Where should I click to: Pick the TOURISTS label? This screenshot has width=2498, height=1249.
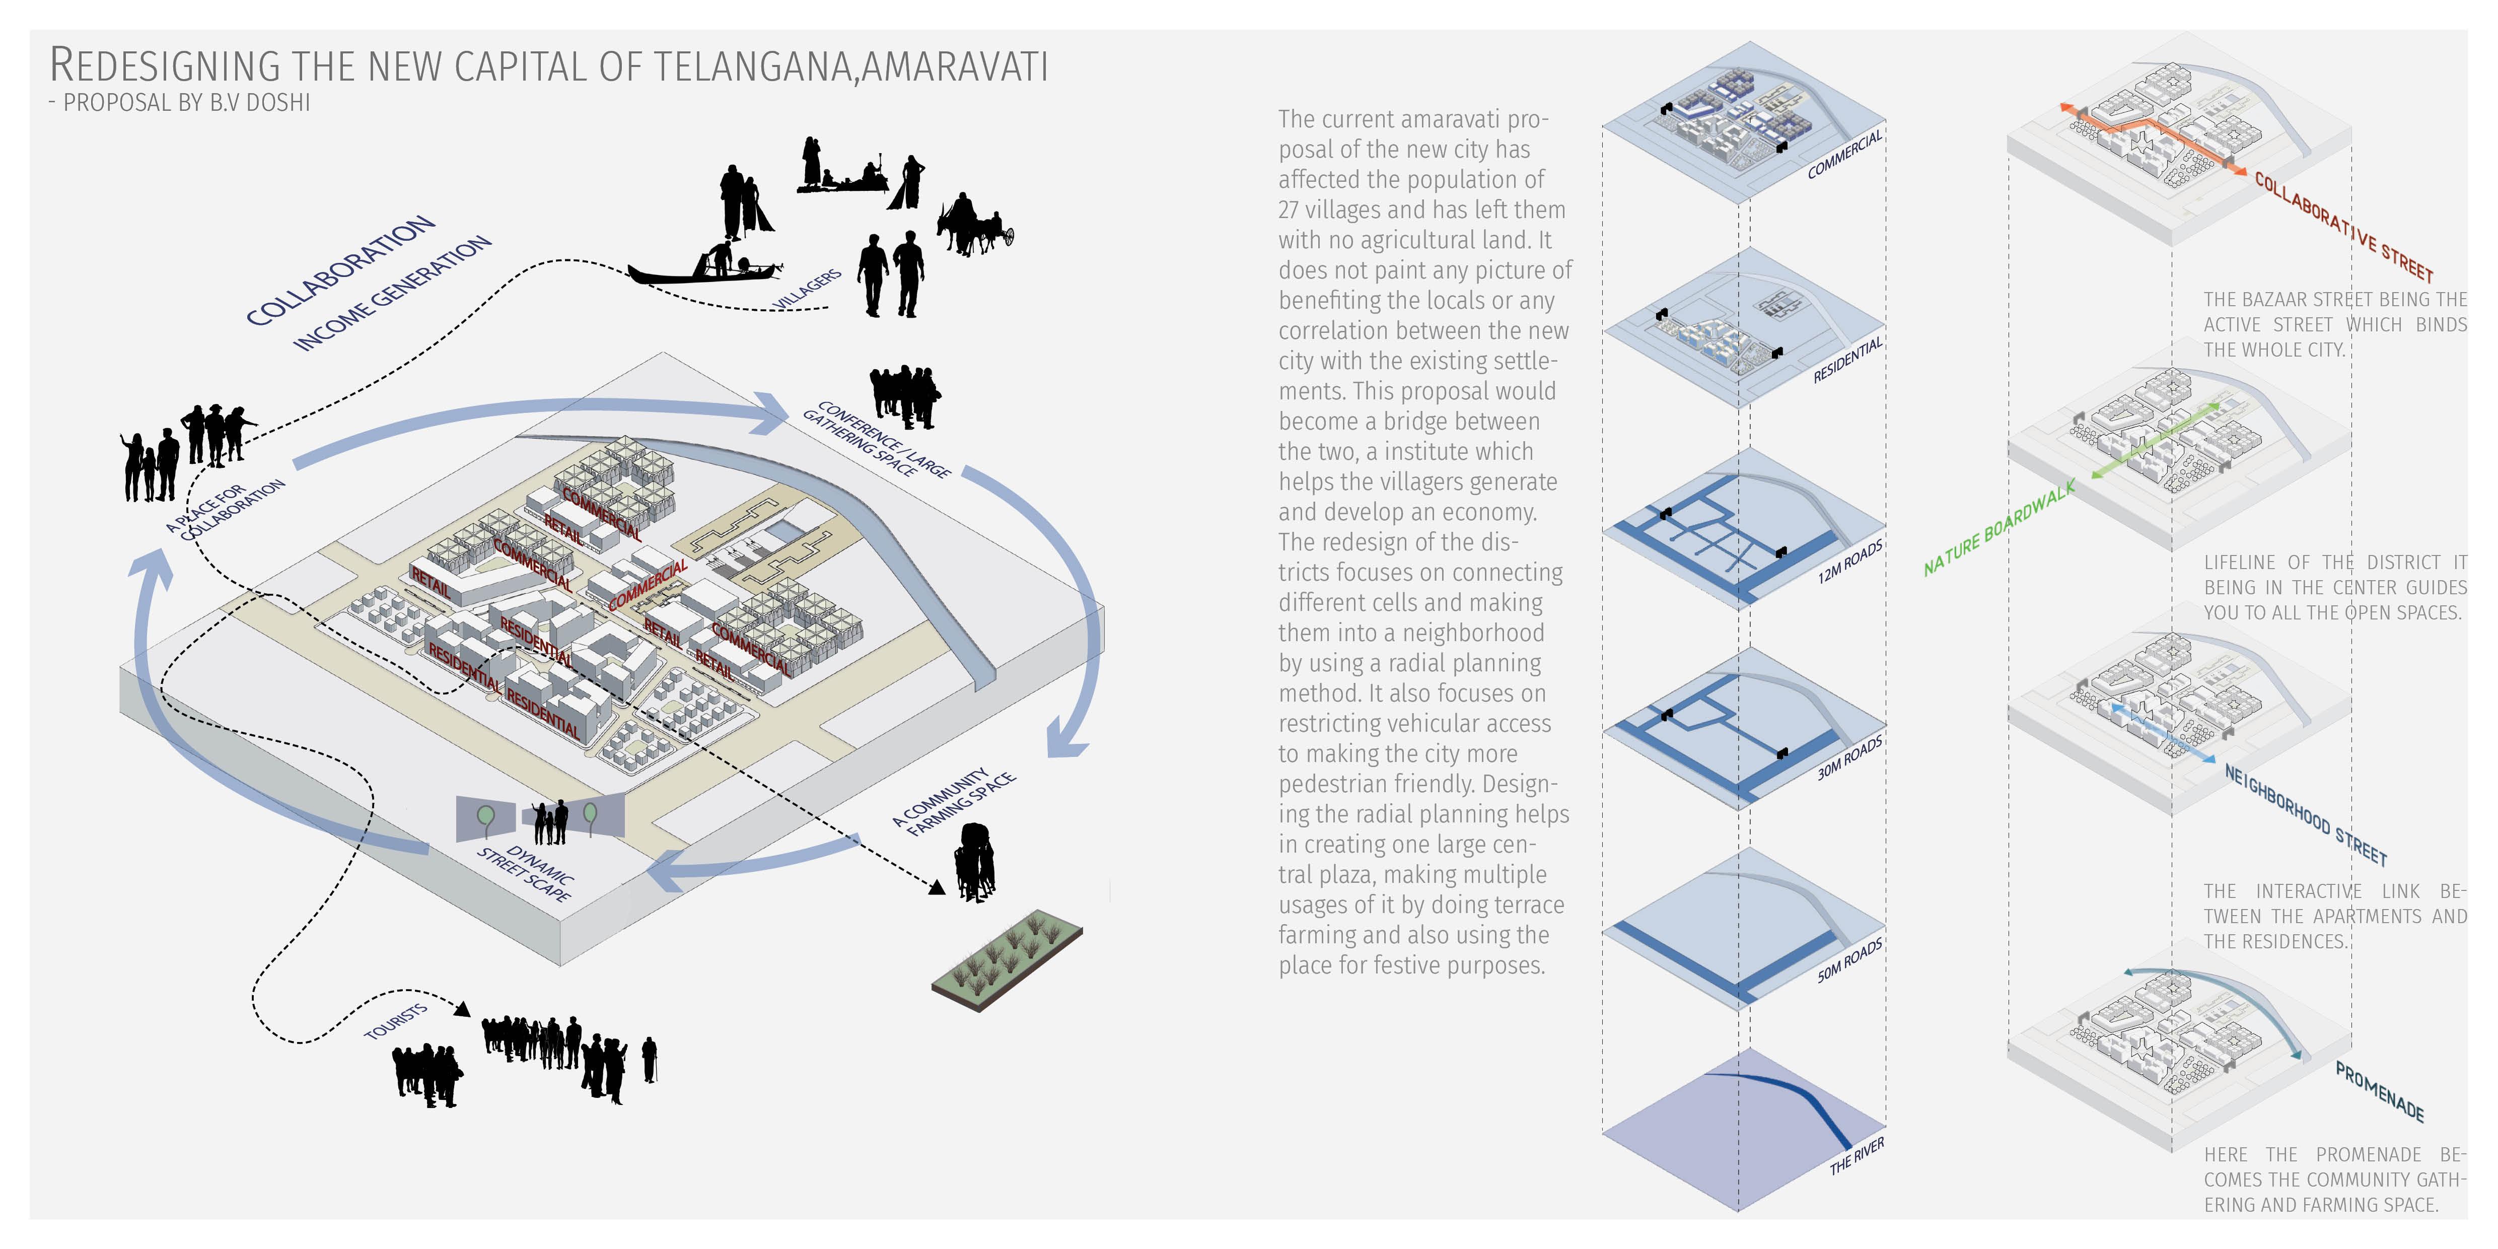[x=396, y=1020]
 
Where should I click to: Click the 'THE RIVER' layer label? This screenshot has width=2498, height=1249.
[x=1856, y=1156]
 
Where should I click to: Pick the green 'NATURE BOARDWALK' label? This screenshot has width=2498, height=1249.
[x=2000, y=528]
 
